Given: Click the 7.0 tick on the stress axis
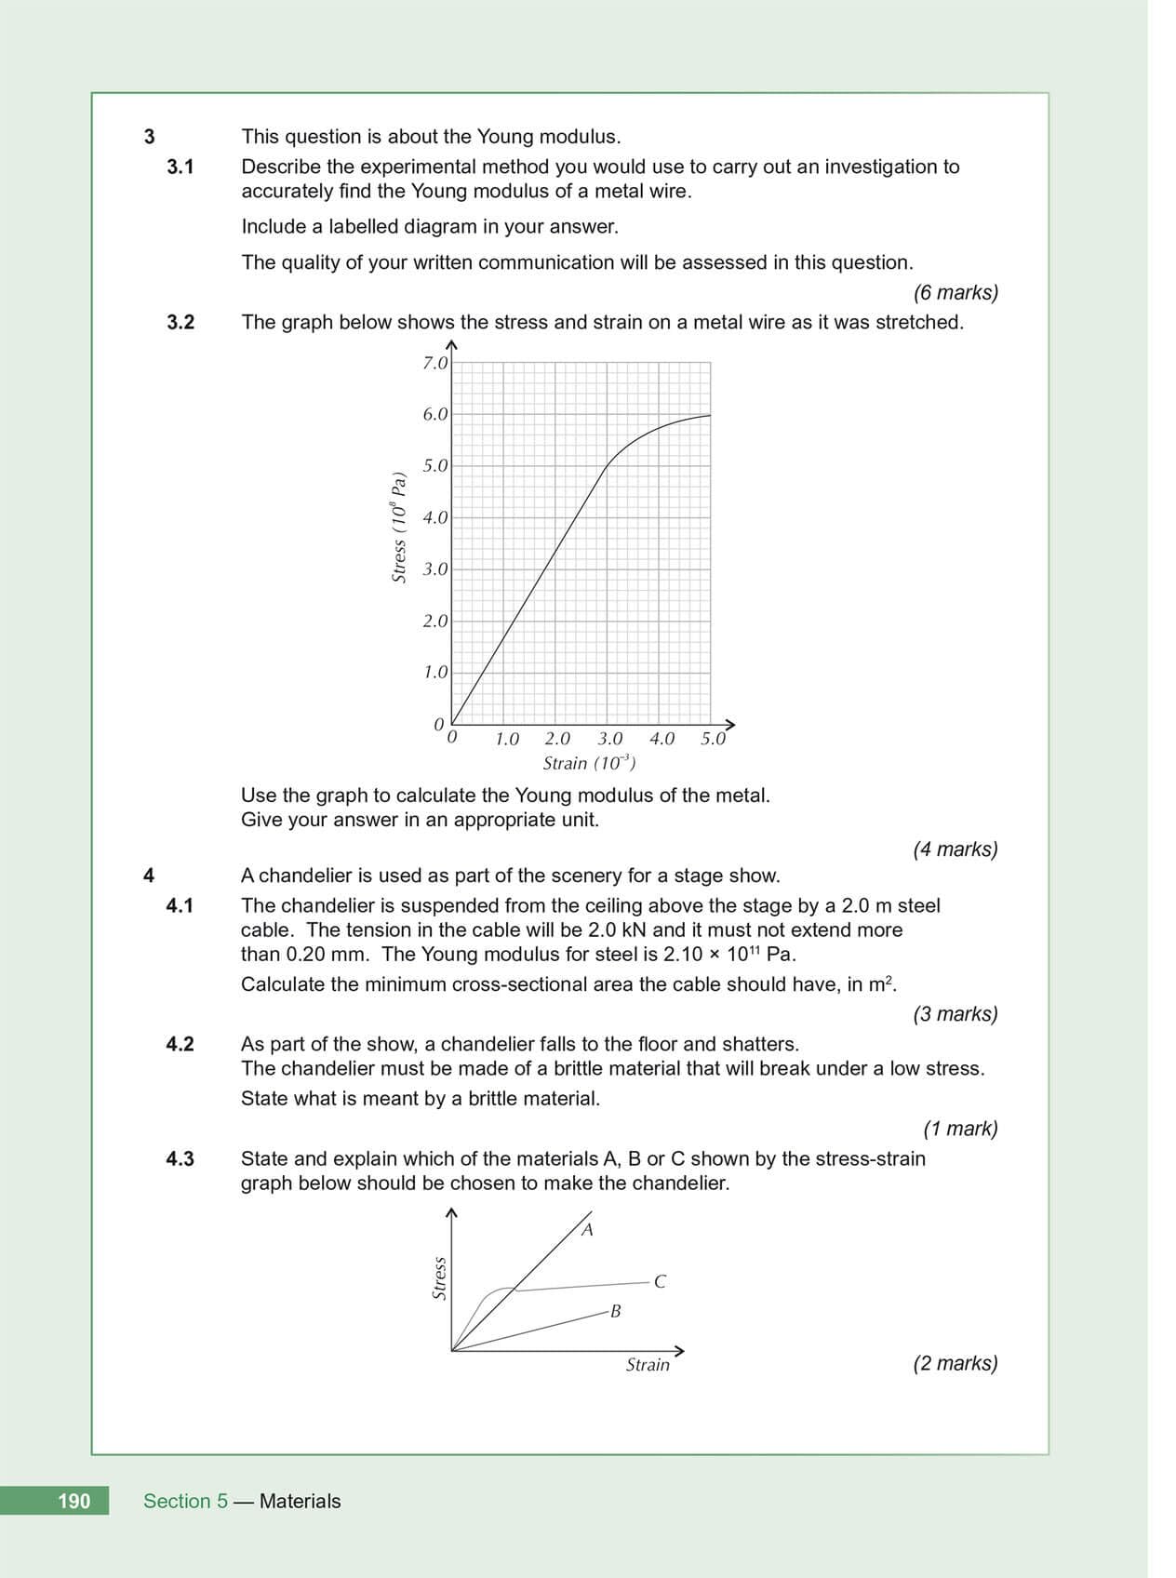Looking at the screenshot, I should [x=434, y=363].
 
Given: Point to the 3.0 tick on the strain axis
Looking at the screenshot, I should [x=609, y=739].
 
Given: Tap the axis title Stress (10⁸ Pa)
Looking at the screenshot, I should [x=399, y=528].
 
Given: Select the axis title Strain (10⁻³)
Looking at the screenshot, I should [x=589, y=763].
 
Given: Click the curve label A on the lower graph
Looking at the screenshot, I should [x=587, y=1230].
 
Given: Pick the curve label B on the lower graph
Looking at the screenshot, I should [x=615, y=1312].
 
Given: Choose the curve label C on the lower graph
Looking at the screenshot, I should [x=660, y=1282].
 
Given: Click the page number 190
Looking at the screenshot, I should [x=73, y=1501].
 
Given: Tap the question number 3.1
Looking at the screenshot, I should [x=180, y=167].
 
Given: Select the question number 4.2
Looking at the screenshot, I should [x=180, y=1044].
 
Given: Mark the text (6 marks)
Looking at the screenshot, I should [x=955, y=292].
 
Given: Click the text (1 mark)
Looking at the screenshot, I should [x=960, y=1129].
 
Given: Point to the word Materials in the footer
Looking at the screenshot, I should [x=300, y=1501].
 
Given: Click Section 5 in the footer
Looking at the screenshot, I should [x=185, y=1501].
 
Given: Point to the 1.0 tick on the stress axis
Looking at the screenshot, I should [x=434, y=672].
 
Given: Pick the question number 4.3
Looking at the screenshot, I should [x=180, y=1158].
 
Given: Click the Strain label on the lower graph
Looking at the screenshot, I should [x=648, y=1365].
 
